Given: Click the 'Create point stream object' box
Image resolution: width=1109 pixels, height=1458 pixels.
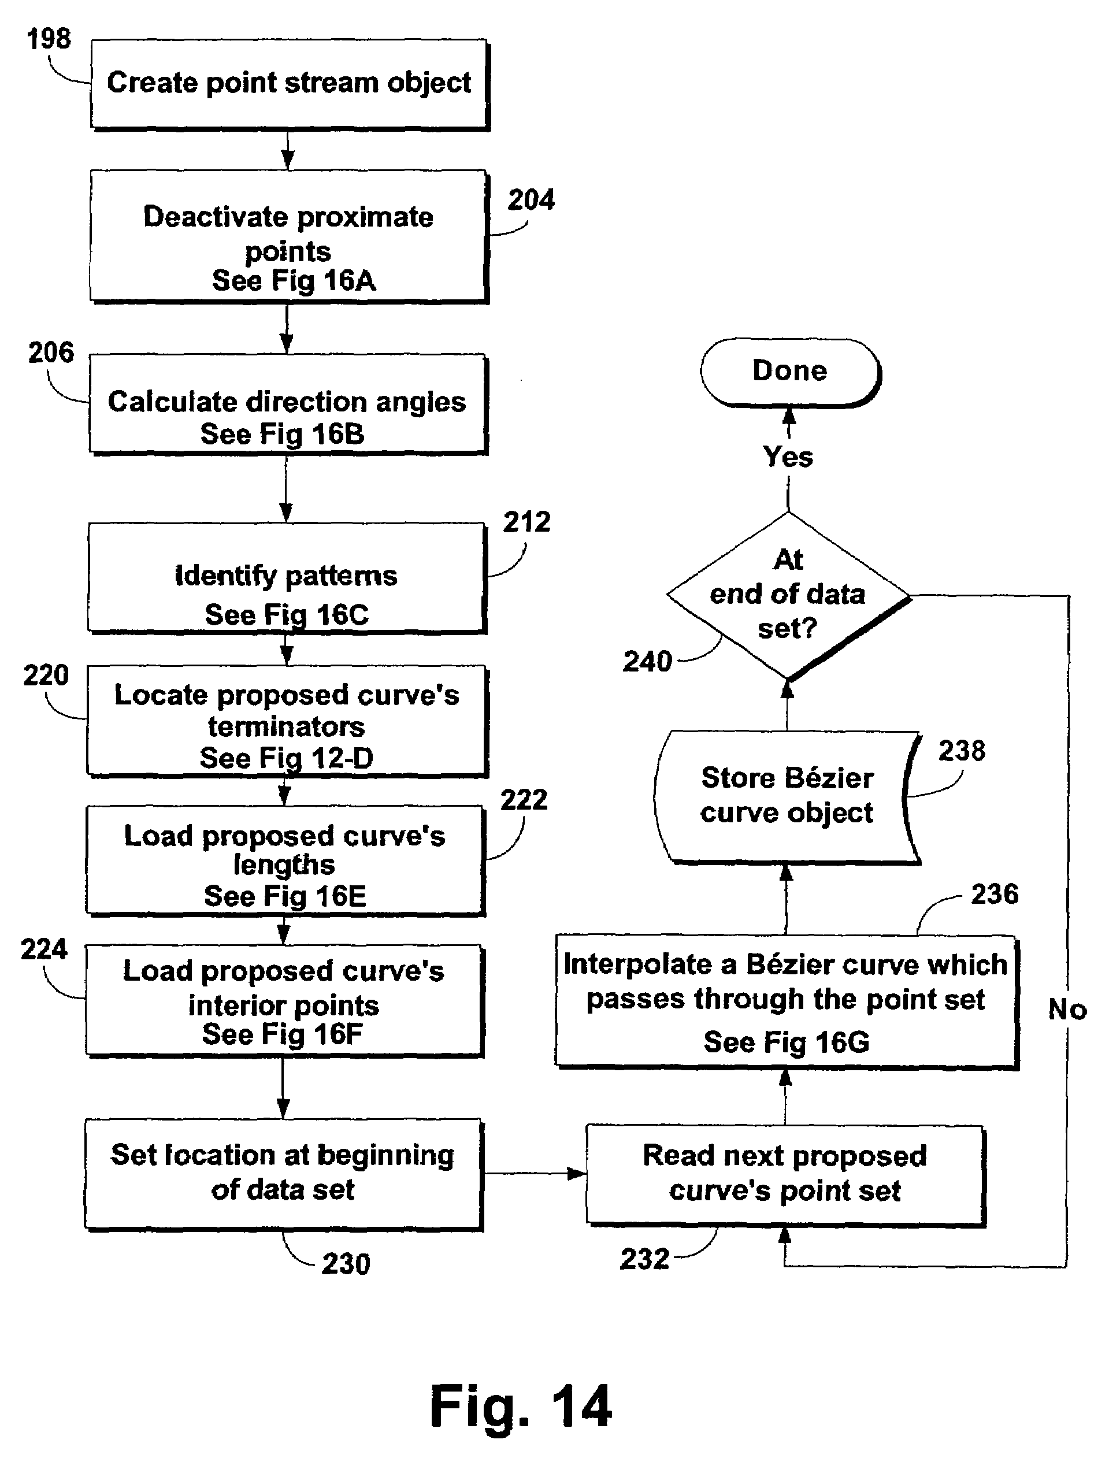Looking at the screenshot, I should (289, 84).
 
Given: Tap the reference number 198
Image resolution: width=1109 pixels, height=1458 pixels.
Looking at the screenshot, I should (49, 39).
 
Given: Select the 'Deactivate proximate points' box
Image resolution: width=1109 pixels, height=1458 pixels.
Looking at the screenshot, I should (288, 236).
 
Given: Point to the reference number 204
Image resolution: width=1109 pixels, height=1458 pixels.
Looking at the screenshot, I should (531, 199).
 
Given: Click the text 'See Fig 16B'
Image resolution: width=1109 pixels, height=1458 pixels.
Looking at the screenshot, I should (283, 435).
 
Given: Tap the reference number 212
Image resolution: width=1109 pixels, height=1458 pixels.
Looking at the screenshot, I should (526, 522).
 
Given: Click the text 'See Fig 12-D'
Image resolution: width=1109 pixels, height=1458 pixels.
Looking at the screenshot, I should (287, 758).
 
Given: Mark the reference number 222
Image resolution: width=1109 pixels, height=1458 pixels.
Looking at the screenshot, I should (524, 800).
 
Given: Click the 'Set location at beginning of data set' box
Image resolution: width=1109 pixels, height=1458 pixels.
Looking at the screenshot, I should (283, 1174).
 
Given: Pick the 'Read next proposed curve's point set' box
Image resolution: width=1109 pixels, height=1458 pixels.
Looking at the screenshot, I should (785, 1174).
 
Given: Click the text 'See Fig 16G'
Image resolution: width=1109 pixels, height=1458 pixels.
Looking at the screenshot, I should (786, 1042).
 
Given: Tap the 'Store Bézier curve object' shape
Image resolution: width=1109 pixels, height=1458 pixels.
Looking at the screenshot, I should (787, 796).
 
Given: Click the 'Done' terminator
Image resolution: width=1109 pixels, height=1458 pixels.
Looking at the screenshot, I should (790, 371).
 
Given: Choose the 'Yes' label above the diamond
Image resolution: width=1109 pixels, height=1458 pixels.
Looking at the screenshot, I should (788, 457).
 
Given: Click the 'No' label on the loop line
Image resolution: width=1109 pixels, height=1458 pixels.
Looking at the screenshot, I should (1067, 1009).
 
